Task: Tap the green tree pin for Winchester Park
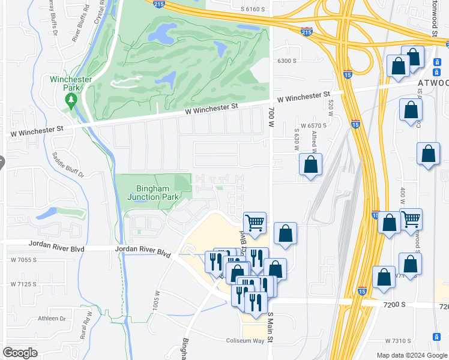tap(71, 100)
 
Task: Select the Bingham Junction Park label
tap(152, 193)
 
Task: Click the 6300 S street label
tap(288, 61)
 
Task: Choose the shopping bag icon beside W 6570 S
tap(310, 164)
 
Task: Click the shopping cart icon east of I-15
tap(411, 219)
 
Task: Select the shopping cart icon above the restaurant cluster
tap(255, 223)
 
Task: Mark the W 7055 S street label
tap(23, 260)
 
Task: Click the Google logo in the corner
tap(20, 353)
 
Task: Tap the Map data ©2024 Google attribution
tap(411, 355)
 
